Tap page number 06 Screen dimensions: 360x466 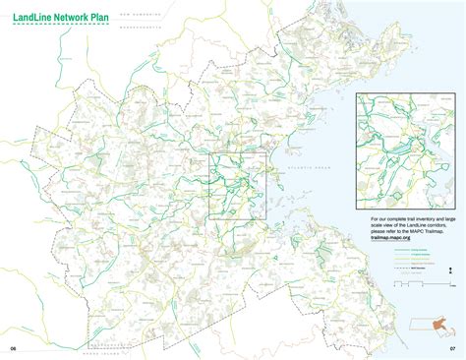(15, 348)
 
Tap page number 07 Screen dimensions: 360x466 (452, 348)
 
